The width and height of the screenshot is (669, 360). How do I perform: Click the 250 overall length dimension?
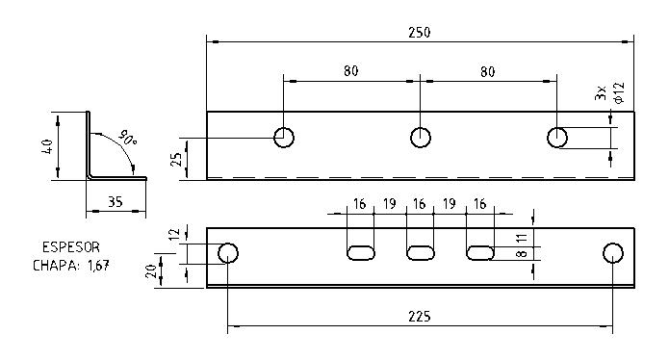(x=419, y=32)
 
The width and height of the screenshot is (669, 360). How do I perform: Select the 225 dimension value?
(x=419, y=316)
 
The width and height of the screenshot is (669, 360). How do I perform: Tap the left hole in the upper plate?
(x=284, y=137)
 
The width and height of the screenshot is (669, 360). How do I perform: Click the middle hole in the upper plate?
(x=421, y=137)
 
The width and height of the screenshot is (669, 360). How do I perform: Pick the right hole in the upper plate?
(x=557, y=137)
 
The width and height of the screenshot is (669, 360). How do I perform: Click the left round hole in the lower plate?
(x=228, y=253)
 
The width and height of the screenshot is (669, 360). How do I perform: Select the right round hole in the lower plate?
(x=612, y=253)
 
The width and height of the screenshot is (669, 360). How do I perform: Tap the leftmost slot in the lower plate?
(x=360, y=252)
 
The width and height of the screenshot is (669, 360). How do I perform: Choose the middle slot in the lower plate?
(x=420, y=252)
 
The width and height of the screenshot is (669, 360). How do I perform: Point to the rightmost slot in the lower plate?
(x=480, y=252)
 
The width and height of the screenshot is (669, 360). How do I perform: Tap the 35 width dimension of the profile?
(x=115, y=202)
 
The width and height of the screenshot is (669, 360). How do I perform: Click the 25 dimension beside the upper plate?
(x=177, y=159)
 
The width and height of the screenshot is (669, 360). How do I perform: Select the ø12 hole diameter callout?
(x=619, y=94)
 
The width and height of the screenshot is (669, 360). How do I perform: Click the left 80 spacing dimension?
(x=351, y=69)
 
